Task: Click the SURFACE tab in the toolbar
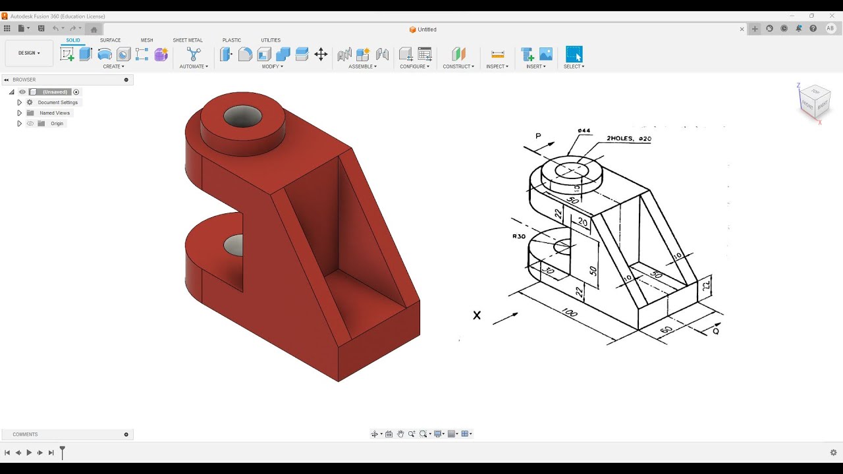click(110, 40)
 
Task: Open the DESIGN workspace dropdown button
click(29, 53)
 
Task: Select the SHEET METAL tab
click(188, 40)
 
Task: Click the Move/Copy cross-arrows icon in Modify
click(321, 55)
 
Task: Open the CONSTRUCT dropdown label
click(458, 66)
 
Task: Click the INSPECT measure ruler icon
click(497, 55)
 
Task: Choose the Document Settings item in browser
click(57, 103)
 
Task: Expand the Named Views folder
click(19, 113)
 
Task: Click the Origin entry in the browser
click(57, 124)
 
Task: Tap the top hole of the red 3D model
click(242, 117)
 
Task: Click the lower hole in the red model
click(234, 246)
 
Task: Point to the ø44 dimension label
click(584, 131)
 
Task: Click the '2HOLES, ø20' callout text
click(628, 139)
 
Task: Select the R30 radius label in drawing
click(518, 236)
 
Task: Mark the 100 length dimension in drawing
click(569, 313)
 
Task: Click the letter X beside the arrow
click(477, 315)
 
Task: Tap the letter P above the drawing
click(538, 136)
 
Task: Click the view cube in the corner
click(814, 101)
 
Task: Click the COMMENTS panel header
click(25, 434)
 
